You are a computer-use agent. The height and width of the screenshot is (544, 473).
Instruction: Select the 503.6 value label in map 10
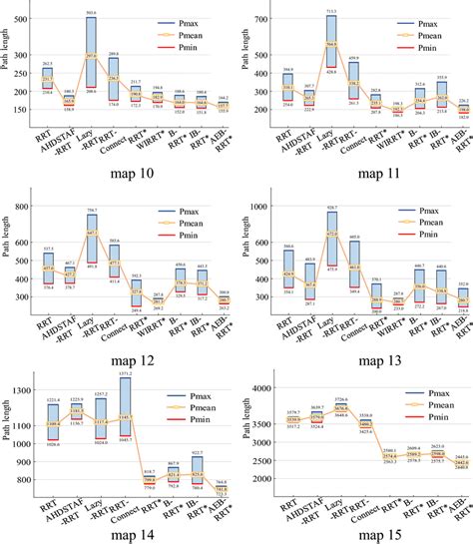(119, 12)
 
